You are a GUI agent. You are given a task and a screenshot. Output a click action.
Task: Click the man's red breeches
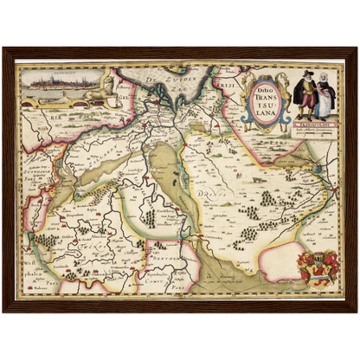(304, 108)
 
